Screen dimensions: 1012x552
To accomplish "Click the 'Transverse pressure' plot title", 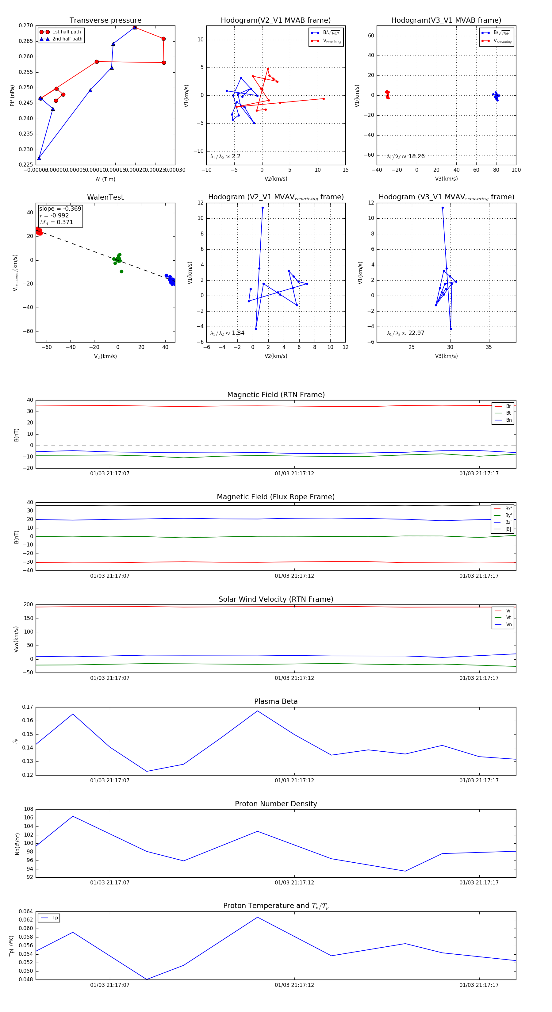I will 105,21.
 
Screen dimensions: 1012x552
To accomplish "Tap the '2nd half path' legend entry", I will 67,39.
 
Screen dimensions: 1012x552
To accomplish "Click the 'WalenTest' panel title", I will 105,197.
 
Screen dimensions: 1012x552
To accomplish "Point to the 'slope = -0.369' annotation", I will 60,209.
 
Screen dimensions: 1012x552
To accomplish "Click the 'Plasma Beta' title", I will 276,702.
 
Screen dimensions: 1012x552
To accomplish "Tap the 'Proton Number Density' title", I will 276,804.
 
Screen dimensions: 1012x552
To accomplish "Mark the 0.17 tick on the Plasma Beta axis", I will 28,707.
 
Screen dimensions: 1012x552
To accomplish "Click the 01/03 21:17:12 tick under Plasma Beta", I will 294,780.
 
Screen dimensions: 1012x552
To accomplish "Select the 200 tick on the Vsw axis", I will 28,605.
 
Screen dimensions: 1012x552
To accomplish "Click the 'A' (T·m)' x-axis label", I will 105,179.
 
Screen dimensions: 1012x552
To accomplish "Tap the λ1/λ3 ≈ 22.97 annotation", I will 405,333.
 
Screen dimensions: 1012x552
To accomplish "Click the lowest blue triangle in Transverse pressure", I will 39,158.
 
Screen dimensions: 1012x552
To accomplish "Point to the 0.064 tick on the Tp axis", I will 26,911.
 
